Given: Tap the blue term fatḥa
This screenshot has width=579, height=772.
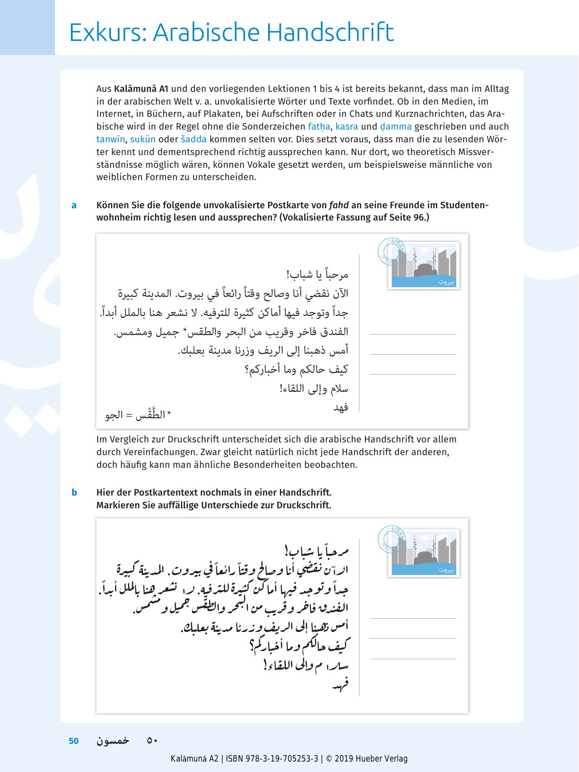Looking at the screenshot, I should point(319,127).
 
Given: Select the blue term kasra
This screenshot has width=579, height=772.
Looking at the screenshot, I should point(347,127).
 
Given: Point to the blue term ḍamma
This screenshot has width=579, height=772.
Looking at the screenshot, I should point(395,127).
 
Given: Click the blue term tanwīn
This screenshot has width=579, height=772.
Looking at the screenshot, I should point(110,140).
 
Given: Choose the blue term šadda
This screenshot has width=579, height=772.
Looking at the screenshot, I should point(194,140).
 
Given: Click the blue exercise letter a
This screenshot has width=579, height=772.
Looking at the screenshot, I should point(74,206).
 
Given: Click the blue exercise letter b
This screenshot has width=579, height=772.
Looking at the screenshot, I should point(74,493).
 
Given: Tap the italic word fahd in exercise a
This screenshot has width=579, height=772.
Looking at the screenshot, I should point(339,205).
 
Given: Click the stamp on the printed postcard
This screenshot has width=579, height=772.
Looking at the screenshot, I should point(424,266).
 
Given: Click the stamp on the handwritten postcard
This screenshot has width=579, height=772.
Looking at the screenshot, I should point(424,553).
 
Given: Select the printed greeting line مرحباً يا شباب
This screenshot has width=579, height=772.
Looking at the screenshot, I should point(317,275).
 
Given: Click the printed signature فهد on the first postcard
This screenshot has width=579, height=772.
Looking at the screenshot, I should point(340,407).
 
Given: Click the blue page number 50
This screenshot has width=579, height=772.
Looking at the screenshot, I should point(74,741).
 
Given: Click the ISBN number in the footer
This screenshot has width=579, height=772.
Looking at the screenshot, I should point(282,759).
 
